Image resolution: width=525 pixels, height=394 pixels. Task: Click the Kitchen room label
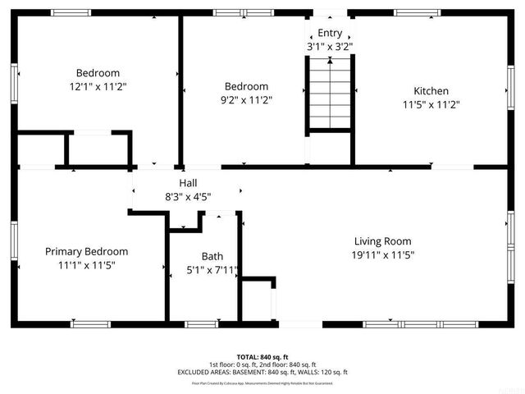click(x=431, y=91)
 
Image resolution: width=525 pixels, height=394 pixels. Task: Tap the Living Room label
click(x=382, y=241)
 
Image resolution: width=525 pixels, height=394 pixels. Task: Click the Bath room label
click(x=212, y=256)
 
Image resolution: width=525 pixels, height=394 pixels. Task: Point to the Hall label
click(x=188, y=183)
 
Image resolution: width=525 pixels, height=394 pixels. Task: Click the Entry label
click(x=330, y=33)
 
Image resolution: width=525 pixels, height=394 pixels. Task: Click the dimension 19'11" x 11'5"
click(x=382, y=254)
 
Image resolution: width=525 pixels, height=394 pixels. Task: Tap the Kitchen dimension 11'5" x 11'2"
click(x=431, y=104)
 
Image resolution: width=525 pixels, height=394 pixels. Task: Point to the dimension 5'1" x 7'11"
click(x=212, y=269)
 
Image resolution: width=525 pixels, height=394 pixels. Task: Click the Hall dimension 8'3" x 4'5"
click(x=188, y=196)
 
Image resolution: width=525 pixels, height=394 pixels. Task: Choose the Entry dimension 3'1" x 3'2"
click(x=330, y=46)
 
